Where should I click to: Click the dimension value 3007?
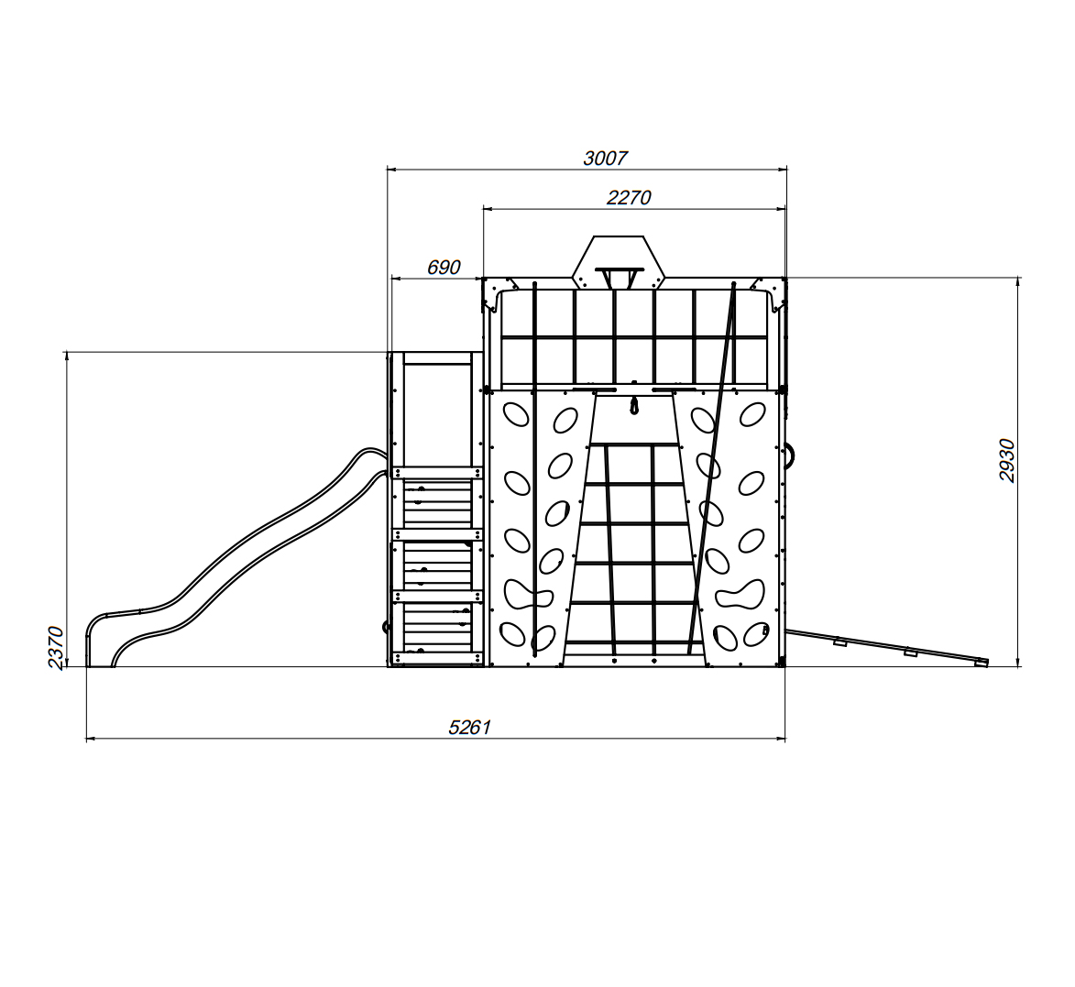tap(605, 159)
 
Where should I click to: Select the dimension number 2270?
tap(629, 197)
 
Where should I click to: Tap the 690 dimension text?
tap(444, 268)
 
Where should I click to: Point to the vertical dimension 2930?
tap(1006, 460)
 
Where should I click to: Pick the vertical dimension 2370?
tap(56, 647)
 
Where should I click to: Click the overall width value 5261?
tap(469, 728)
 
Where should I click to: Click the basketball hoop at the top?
tap(620, 277)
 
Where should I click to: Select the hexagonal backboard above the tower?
tap(620, 261)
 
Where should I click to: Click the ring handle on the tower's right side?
tap(791, 455)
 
